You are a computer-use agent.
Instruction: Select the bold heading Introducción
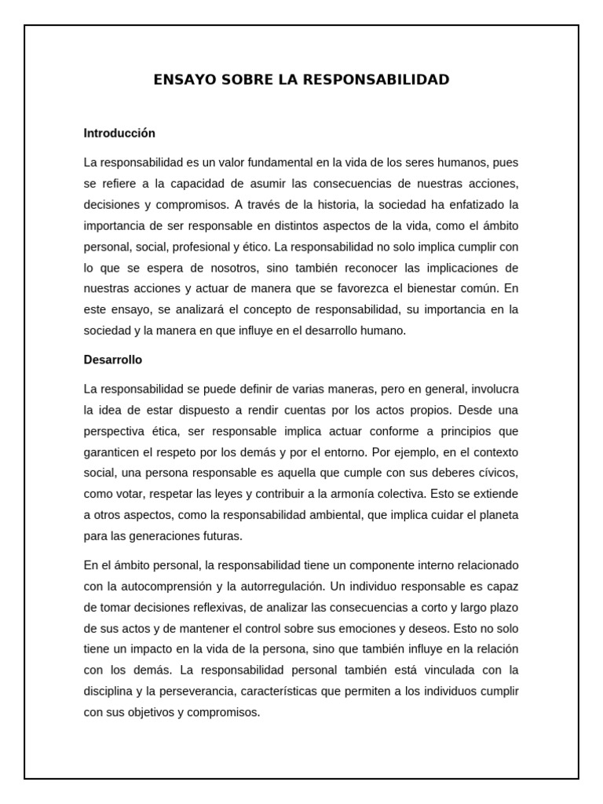tap(119, 133)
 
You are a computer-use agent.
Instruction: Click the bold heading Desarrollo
tap(113, 360)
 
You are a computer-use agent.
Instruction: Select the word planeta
tap(498, 515)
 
